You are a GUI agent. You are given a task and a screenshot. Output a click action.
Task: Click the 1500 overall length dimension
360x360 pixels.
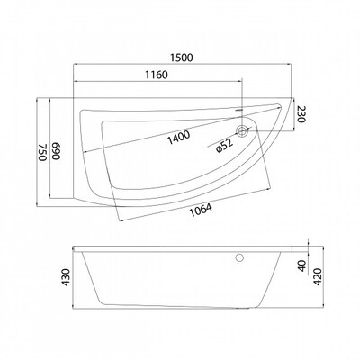point(182,58)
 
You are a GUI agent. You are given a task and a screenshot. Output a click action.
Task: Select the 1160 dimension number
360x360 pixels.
point(157,75)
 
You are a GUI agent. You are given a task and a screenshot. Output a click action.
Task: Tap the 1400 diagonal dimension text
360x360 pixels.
point(178,138)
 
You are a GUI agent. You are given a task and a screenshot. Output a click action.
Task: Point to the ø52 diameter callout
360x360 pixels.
point(224,146)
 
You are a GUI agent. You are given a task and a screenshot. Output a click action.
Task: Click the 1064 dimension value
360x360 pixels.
point(201,210)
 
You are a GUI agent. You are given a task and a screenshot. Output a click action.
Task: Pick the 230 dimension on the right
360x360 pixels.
point(301,114)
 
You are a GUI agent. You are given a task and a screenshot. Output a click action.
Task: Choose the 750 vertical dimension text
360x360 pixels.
point(42,152)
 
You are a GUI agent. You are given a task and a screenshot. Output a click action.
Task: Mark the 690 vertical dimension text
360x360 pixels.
point(57,152)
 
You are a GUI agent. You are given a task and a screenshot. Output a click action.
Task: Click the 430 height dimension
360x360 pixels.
point(66,277)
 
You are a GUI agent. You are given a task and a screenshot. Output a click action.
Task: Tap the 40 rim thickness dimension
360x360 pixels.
point(302,265)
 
